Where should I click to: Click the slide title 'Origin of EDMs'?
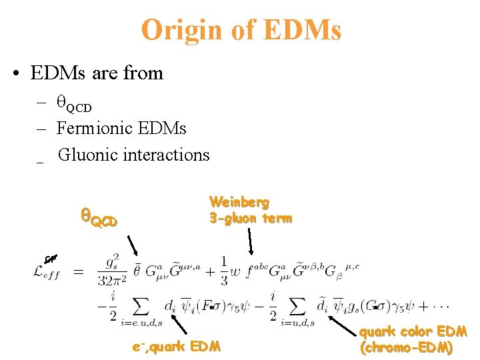241,29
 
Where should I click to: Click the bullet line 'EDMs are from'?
97,73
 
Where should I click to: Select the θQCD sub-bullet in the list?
74,105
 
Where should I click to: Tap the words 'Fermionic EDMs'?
121,127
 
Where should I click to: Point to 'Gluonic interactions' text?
133,155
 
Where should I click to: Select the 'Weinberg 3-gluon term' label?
250,209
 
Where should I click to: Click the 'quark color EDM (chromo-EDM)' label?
413,339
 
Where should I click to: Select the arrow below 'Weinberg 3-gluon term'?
251,241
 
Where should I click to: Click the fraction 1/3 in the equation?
225,271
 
